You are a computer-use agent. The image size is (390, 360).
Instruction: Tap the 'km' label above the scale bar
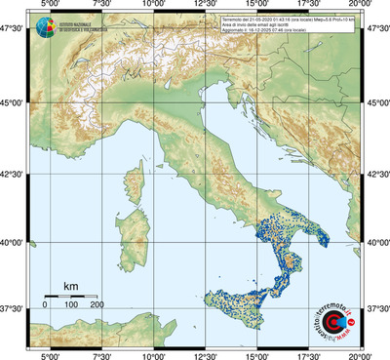(x=71, y=286)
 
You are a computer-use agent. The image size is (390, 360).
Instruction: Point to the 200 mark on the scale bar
(x=97, y=305)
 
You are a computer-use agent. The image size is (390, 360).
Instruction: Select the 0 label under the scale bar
(x=45, y=305)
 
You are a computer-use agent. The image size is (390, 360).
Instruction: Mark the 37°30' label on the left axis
(x=14, y=307)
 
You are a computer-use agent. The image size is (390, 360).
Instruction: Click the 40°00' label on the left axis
(x=14, y=242)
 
